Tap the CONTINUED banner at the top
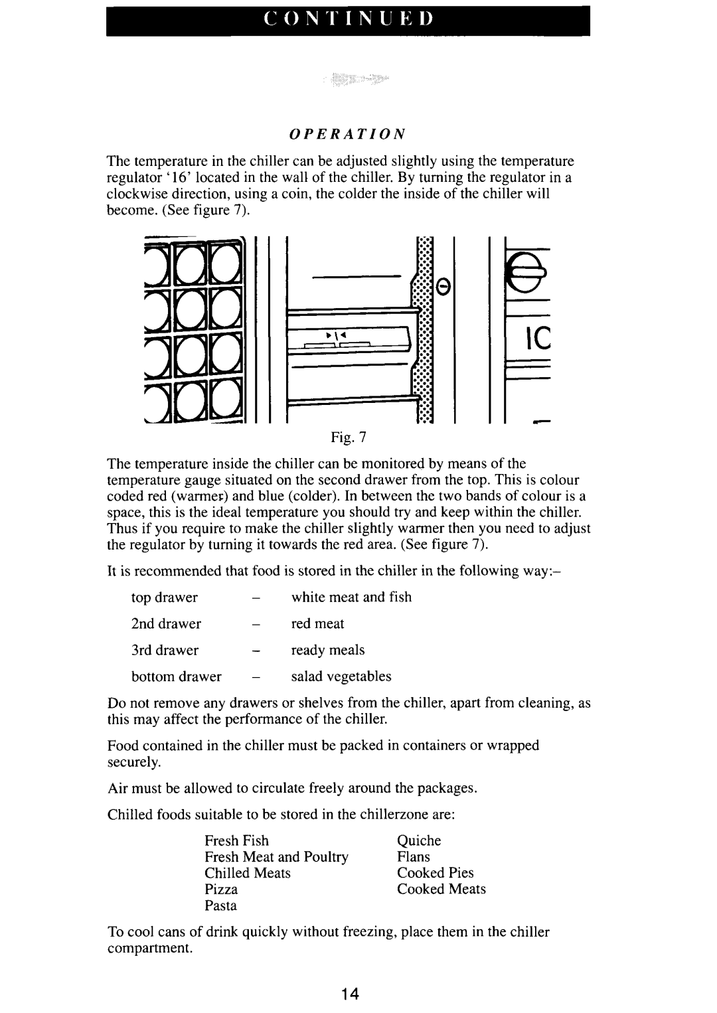click(x=348, y=21)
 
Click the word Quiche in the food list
click(x=419, y=841)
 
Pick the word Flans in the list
click(x=414, y=857)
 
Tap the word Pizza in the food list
click(x=221, y=890)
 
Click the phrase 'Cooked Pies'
click(x=436, y=873)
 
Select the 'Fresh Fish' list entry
click(x=236, y=841)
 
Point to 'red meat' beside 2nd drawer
click(x=318, y=624)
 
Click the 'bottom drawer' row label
click(x=176, y=676)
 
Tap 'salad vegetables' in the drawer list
click(x=341, y=676)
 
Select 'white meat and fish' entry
click(x=351, y=597)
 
